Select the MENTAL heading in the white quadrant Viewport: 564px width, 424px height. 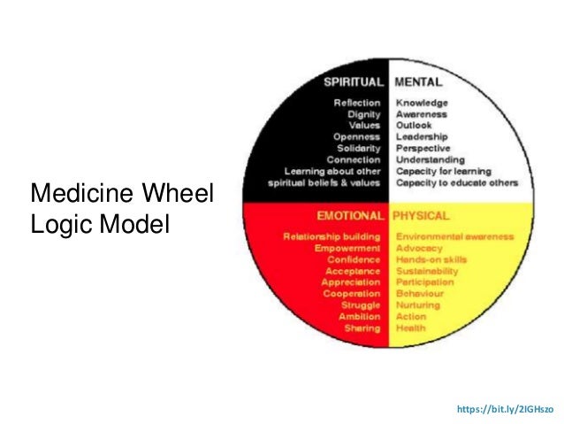pos(418,82)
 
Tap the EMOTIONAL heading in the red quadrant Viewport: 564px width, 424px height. pos(350,215)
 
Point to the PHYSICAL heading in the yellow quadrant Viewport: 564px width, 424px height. pos(422,215)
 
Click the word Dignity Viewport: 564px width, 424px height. pos(364,114)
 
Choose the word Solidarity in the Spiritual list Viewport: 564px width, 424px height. pos(359,148)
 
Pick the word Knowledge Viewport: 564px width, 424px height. pos(423,103)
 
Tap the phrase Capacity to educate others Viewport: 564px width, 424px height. pos(456,182)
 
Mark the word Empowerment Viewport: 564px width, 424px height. pos(347,249)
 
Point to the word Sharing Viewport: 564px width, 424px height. pos(362,328)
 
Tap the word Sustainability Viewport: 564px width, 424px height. pos(427,271)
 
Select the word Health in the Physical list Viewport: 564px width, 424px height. pos(410,328)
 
